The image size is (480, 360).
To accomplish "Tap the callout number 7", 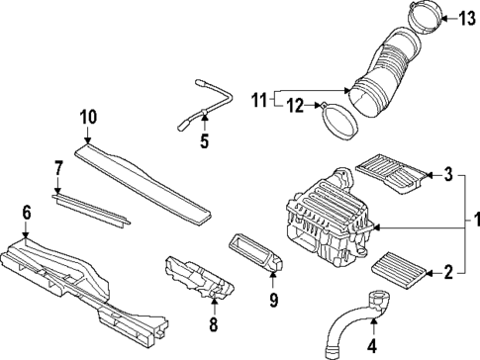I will [58, 168].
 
